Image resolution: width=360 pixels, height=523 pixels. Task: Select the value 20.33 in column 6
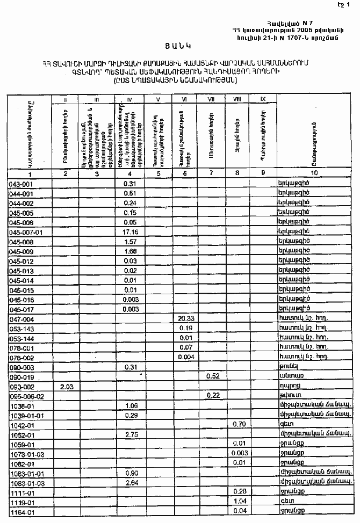[x=185, y=318]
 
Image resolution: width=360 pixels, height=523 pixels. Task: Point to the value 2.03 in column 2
[x=66, y=386]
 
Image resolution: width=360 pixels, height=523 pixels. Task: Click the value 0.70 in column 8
[x=239, y=424]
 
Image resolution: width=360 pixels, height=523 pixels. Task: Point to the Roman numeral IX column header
[x=263, y=99]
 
